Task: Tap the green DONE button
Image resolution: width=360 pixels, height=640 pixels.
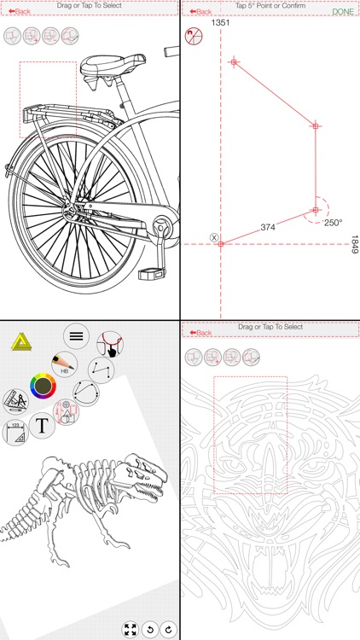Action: tap(342, 12)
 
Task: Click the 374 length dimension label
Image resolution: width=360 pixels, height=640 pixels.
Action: tap(268, 227)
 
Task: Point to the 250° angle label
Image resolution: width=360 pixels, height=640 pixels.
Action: tap(332, 223)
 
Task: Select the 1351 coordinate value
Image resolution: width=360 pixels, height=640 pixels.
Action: tap(222, 24)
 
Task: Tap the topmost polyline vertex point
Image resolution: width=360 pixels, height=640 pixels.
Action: tap(234, 61)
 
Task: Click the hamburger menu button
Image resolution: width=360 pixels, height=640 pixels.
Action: tap(76, 335)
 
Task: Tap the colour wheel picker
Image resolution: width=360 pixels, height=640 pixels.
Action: tap(43, 387)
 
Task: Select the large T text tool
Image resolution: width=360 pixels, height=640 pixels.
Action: tap(42, 424)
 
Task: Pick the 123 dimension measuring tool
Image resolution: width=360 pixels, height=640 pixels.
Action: tap(15, 433)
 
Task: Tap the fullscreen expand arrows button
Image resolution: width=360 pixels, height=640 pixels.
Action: tap(130, 629)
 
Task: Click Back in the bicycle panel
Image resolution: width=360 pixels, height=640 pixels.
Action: tap(19, 12)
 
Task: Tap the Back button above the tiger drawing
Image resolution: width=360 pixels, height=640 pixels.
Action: tap(200, 332)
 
